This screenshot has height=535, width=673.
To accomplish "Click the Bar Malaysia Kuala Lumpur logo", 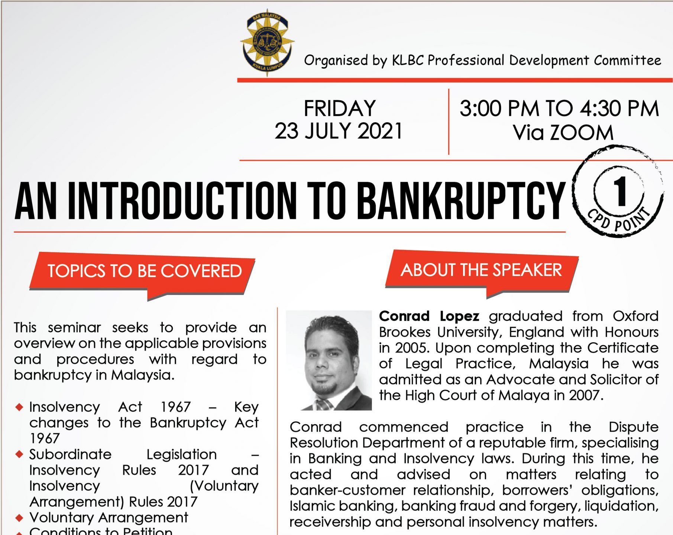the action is point(267,43).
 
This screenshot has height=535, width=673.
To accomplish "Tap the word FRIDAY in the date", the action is point(340,108).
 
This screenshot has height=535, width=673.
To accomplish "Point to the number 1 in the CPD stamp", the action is point(619,191).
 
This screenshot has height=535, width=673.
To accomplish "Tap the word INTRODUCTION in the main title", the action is point(182,201).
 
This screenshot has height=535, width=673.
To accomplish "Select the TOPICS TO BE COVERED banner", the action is point(142,275).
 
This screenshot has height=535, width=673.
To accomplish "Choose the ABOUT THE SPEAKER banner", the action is point(482,272).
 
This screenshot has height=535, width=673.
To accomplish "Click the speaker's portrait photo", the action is point(329,360).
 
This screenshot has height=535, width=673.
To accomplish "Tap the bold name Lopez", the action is point(459,316).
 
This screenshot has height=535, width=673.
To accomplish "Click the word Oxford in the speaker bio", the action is point(635,316).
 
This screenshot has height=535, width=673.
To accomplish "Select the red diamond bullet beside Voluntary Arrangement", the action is point(19,518).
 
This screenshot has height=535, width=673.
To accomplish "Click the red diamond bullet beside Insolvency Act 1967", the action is point(19,407).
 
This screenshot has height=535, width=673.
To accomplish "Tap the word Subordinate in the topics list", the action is point(70,454).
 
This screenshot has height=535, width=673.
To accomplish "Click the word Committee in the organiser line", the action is point(627,60).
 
